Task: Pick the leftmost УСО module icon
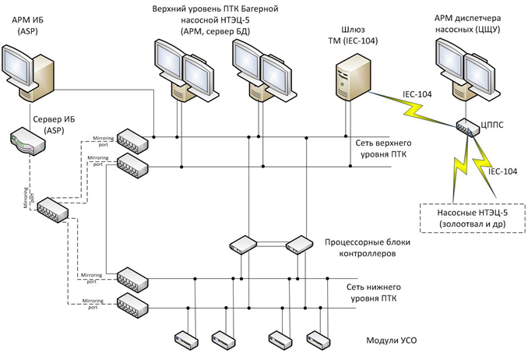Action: [184, 339]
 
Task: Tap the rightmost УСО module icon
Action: [317, 339]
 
